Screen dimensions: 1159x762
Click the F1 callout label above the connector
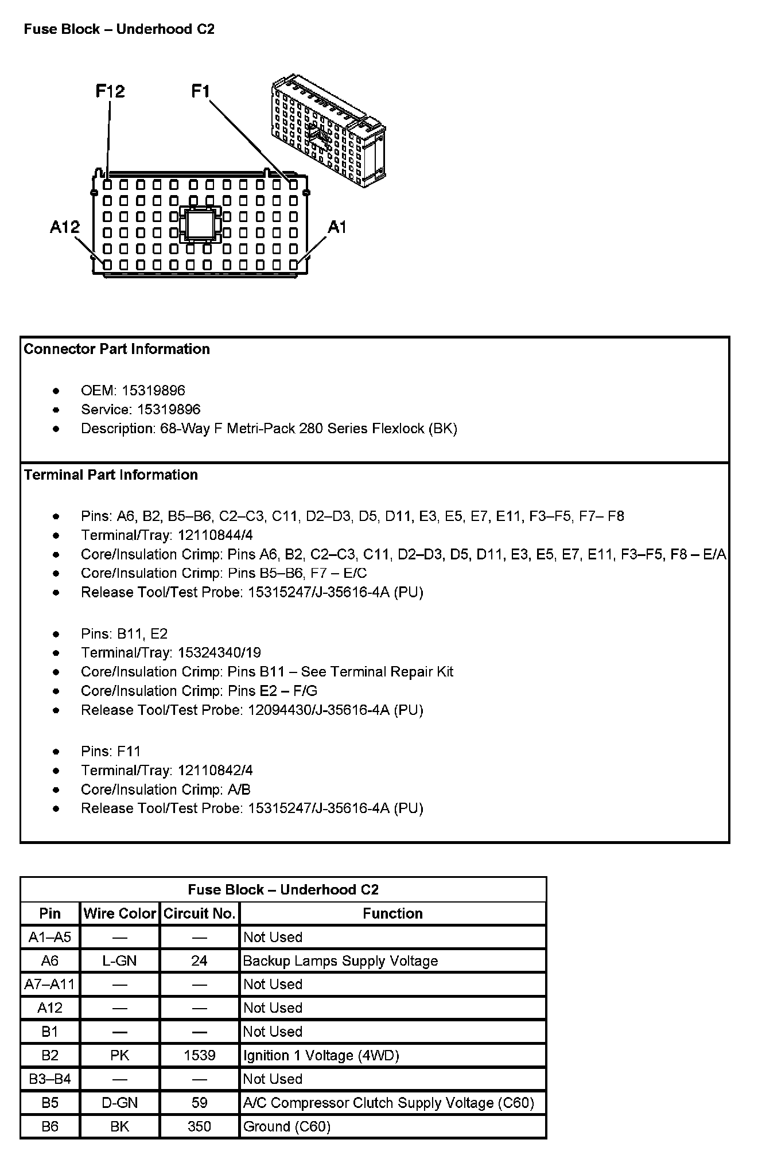201,91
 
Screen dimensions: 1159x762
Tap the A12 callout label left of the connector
64,228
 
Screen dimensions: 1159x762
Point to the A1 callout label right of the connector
337,228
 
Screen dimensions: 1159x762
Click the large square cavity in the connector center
199,224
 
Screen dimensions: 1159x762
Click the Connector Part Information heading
116,349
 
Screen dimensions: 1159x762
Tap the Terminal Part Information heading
111,475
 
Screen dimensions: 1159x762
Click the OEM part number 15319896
153,391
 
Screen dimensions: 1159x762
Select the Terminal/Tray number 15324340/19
219,652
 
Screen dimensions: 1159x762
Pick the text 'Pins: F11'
111,751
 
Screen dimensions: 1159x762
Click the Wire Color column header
119,913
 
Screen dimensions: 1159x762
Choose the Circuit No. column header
199,913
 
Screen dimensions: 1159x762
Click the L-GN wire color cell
119,960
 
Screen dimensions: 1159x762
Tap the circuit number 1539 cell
199,1055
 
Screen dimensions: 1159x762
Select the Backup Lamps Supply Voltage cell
340,960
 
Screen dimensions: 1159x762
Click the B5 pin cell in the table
50,1103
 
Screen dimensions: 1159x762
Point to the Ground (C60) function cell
287,1126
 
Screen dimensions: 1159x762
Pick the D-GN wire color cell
119,1103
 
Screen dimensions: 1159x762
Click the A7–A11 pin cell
50,984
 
